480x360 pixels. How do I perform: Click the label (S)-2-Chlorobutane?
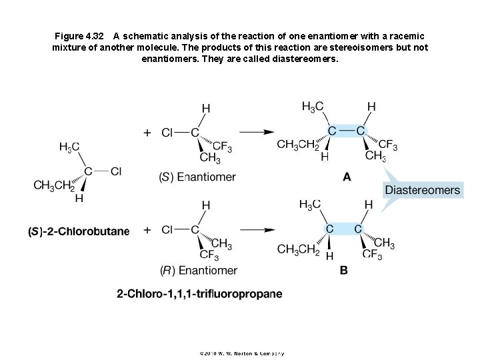click(79, 231)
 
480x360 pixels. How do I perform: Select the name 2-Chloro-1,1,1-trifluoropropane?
click(199, 293)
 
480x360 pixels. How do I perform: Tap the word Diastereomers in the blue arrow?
click(422, 190)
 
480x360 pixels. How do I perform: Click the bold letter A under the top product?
click(347, 177)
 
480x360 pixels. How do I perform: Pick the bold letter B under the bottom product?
click(344, 270)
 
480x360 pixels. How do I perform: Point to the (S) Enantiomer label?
click(197, 177)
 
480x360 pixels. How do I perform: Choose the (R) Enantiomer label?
click(198, 270)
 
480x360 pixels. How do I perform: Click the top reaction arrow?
click(257, 132)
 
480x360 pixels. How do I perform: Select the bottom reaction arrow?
click(257, 230)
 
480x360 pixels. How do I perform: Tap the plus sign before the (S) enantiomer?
click(147, 132)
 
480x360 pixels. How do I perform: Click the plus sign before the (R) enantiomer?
click(147, 230)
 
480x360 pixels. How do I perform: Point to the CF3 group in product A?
click(388, 145)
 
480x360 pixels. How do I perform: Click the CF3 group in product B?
click(372, 254)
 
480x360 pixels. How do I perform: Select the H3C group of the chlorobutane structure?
click(69, 147)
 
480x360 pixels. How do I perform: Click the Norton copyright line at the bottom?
click(241, 353)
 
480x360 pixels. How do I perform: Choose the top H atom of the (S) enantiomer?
click(206, 107)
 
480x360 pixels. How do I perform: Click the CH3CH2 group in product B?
click(298, 249)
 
